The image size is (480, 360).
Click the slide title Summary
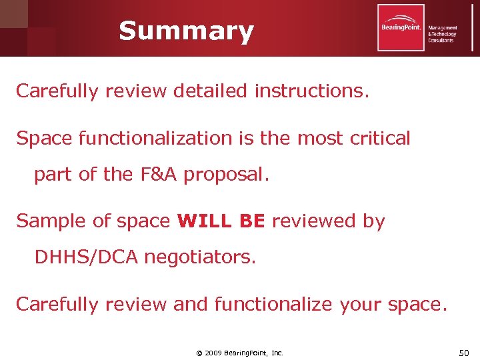(x=186, y=31)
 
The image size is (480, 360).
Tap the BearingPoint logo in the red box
(x=401, y=27)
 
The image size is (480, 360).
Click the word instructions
(x=311, y=91)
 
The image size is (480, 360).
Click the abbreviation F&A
(x=158, y=175)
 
